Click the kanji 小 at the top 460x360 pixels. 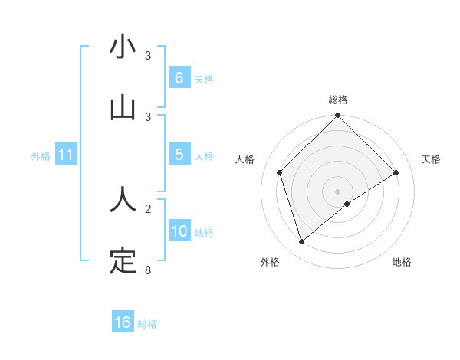tap(123, 47)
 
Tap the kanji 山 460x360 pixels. tap(123, 108)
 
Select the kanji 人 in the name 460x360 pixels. tap(123, 200)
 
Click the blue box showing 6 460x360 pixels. tap(179, 78)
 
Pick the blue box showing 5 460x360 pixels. tap(179, 155)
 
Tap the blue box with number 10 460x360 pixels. tap(179, 231)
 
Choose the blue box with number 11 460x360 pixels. tap(66, 155)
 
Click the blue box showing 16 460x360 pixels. tap(123, 322)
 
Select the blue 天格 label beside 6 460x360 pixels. tap(203, 79)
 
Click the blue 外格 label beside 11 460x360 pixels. tap(41, 155)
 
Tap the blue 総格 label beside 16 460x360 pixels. tap(147, 323)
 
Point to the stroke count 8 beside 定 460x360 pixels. tap(147, 270)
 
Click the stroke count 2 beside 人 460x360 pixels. tap(147, 208)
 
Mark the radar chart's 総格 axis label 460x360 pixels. tap(338, 100)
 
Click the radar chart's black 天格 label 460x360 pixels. tap(431, 159)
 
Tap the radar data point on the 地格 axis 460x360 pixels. tap(347, 204)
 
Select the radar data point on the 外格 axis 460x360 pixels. tap(302, 241)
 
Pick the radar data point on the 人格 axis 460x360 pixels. tap(280, 172)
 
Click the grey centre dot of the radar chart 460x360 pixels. tap(338, 191)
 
